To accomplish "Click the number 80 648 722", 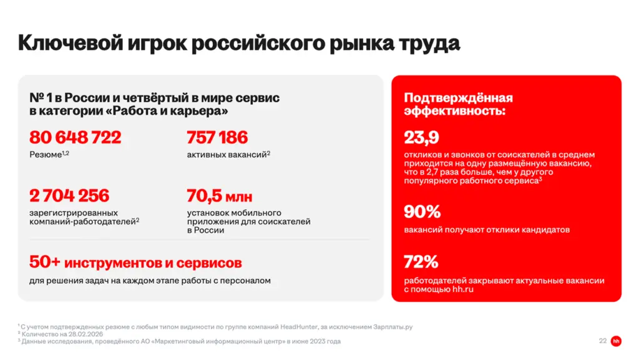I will pos(75,137).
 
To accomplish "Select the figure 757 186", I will pos(217,137).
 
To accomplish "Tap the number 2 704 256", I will pos(69,195).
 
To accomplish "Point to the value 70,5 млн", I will pos(219,195).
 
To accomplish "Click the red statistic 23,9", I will pos(421,137).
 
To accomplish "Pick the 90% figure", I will pos(422,212).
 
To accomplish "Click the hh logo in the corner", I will pos(617,341).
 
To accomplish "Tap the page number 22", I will pos(602,341).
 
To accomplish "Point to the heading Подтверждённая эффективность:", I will pos(458,104).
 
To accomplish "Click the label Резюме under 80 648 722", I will pos(46,153).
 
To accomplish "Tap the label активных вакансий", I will pos(227,153).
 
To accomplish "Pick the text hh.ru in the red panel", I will pos(462,289).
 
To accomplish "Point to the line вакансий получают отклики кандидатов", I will pos(487,230).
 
